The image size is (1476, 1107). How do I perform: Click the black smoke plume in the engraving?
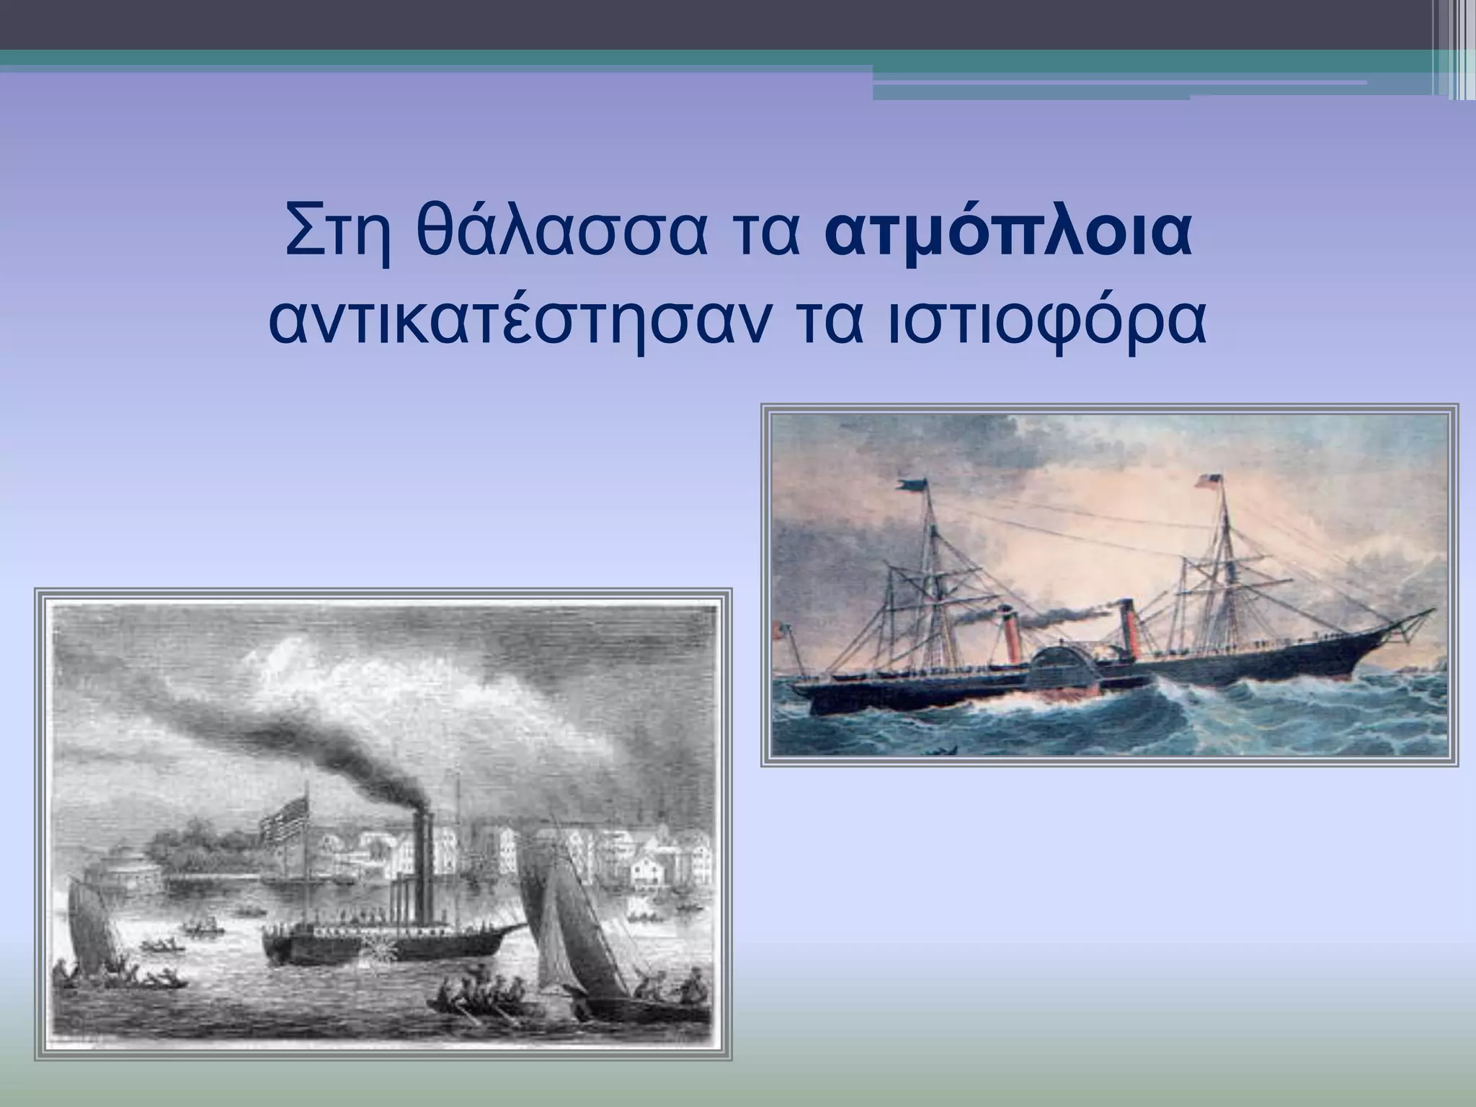click(x=346, y=764)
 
